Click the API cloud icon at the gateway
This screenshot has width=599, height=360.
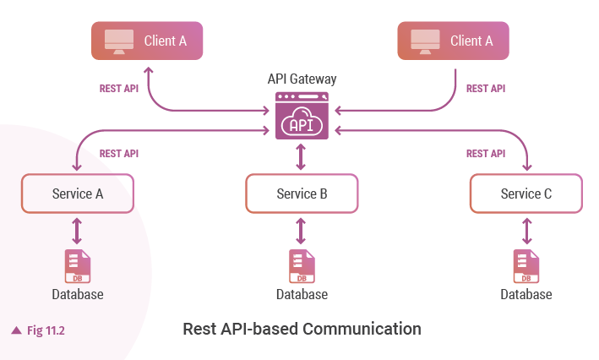coord(302,120)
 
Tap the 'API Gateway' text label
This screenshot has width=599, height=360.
coord(302,79)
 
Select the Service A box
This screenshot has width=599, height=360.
coord(77,194)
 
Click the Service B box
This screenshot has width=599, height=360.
coord(302,194)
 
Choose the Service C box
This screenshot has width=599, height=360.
coord(525,194)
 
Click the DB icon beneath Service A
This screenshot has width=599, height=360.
coord(77,265)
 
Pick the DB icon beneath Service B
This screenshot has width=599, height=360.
coord(302,265)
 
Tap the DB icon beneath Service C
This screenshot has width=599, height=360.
coord(525,265)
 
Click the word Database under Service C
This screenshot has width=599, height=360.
coord(525,295)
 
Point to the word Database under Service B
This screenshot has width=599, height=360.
coord(302,295)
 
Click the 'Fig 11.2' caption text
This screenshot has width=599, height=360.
coord(46,330)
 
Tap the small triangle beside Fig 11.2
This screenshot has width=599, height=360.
coord(16,330)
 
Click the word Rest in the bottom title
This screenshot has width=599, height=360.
coord(199,328)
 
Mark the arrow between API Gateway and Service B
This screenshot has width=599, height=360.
coord(302,157)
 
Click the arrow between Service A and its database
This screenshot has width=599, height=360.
coord(77,230)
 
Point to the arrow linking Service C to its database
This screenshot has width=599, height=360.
coord(525,230)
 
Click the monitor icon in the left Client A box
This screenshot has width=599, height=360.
coord(119,41)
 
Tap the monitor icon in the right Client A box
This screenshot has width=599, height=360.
coord(426,41)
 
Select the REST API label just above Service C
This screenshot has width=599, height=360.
coord(486,154)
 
